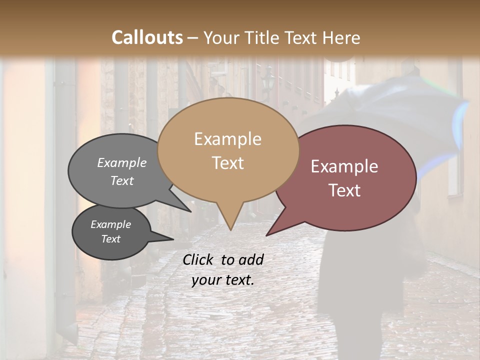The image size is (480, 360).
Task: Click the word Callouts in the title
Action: point(147,37)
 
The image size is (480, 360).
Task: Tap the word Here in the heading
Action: point(341,37)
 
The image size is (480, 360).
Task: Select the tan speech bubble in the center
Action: point(228,150)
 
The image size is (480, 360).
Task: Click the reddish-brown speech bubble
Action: point(350,177)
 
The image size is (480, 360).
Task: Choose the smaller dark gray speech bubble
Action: point(111,232)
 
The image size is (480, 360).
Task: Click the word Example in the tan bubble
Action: point(227,139)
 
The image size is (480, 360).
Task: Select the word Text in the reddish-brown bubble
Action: point(345,190)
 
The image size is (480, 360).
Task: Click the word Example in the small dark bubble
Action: point(110,224)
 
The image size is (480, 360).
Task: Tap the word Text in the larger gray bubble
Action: point(122,181)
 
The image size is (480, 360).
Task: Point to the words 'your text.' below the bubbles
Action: point(222,280)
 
